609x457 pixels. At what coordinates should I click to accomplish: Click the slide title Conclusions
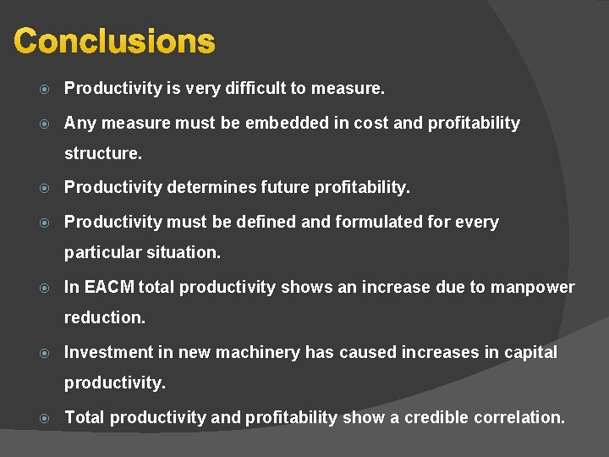point(115,41)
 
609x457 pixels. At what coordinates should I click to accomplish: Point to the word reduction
point(105,318)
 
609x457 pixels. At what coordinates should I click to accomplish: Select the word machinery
point(257,352)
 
